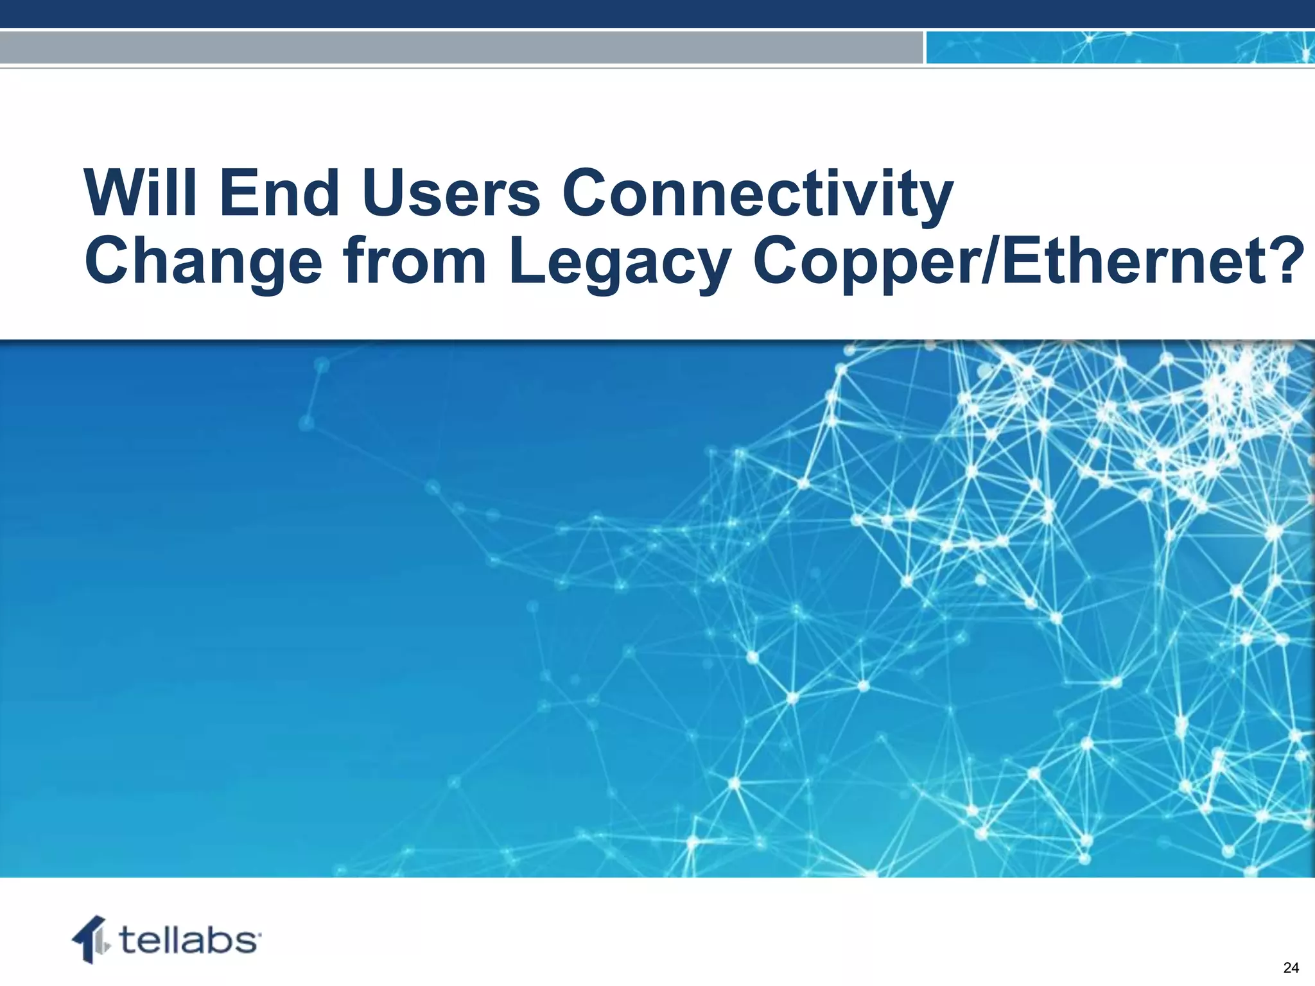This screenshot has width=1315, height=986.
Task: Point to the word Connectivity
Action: pyautogui.click(x=758, y=194)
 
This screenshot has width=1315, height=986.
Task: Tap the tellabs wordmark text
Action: pyautogui.click(x=189, y=940)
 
